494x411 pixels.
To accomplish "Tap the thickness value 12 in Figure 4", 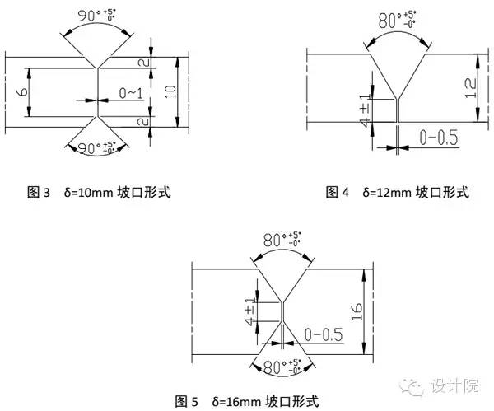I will [470, 85].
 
